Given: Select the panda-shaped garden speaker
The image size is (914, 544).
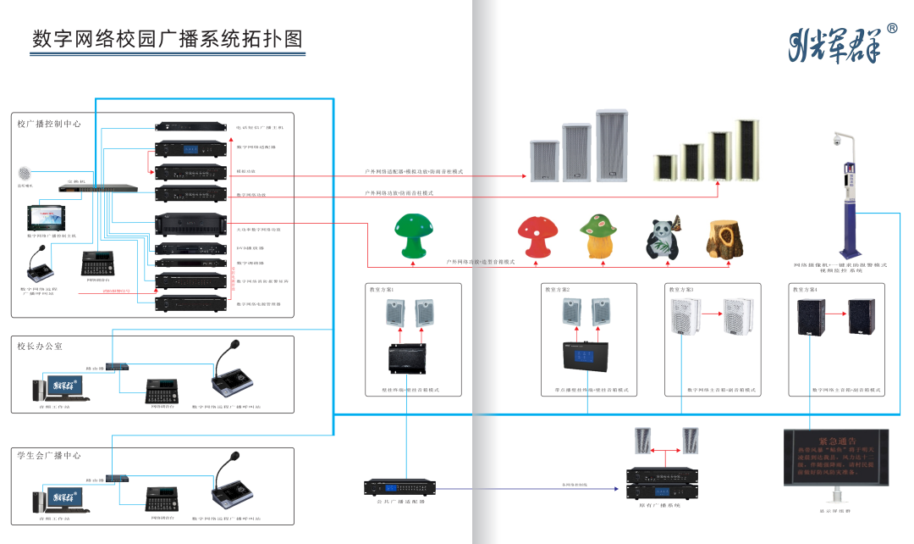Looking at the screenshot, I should click(x=661, y=241).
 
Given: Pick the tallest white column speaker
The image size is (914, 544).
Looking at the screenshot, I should click(x=614, y=145).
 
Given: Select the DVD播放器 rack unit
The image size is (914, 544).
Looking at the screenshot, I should click(x=191, y=249).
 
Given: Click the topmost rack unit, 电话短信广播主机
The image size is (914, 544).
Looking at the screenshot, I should click(x=191, y=127).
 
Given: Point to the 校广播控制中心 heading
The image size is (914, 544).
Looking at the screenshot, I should click(x=49, y=124).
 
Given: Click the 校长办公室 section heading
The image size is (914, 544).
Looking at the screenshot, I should click(x=40, y=347).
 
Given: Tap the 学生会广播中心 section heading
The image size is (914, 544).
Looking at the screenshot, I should click(x=49, y=455).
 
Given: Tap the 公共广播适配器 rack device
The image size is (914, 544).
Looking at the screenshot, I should click(x=400, y=487).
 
